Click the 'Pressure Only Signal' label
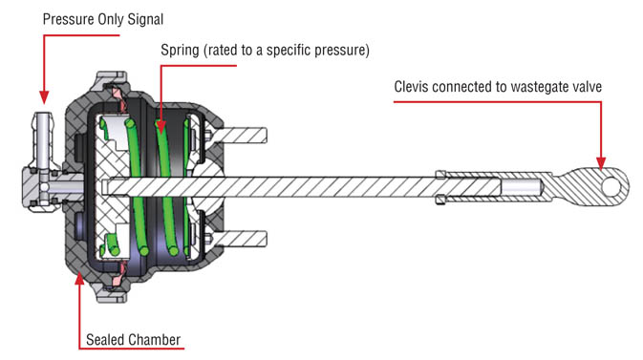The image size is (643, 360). (x=103, y=20)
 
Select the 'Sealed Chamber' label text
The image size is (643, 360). (x=133, y=340)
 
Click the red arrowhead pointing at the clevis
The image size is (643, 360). (x=601, y=162)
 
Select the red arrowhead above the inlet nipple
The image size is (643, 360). (x=44, y=97)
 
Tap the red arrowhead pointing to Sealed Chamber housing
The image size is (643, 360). (x=79, y=278)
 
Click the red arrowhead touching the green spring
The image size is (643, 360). (x=161, y=127)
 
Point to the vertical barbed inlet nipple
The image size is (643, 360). (x=42, y=140)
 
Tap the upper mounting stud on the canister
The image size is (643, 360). (x=239, y=136)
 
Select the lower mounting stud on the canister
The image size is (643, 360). (x=239, y=239)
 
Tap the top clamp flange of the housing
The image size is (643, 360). (x=112, y=79)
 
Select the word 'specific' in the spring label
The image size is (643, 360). (x=289, y=51)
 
